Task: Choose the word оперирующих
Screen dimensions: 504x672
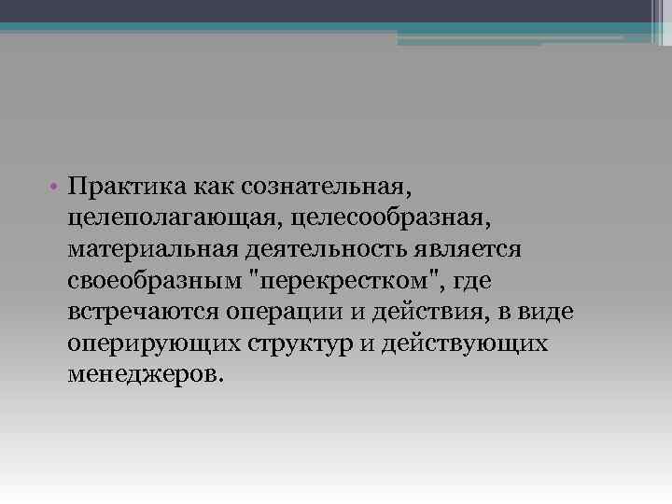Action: pos(154,343)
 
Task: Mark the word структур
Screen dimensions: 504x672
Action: pos(300,343)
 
